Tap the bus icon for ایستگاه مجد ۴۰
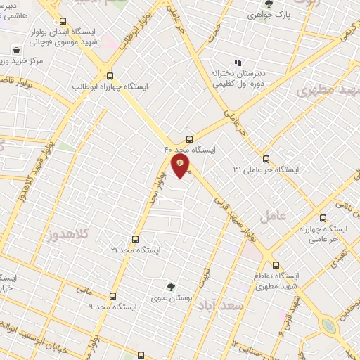coord(188,139)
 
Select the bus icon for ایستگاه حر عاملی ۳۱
coord(266,159)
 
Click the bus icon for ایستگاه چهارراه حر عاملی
coord(323,218)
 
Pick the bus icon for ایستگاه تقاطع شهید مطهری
coord(276,265)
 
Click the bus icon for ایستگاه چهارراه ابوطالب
coord(109,76)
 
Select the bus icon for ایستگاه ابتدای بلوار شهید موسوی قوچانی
coord(64,21)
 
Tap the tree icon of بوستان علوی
coord(171,287)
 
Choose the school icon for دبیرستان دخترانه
coord(237,62)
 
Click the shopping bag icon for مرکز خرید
coord(16,51)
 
